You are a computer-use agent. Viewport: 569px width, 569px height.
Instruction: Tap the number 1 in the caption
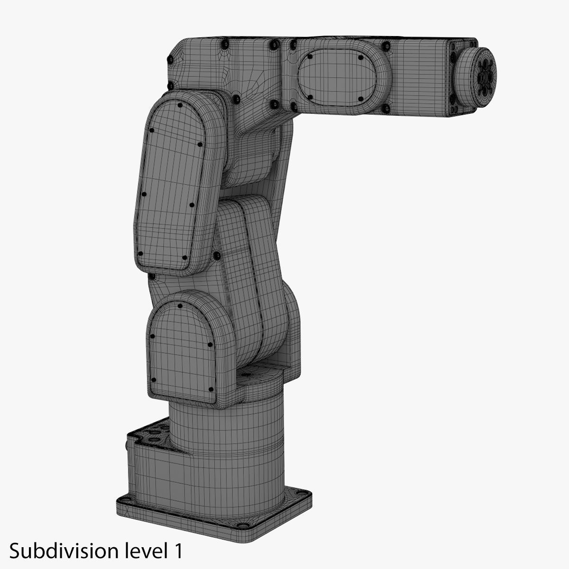coord(177,551)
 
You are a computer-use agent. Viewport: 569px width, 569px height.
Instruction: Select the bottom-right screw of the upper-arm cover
coord(184,258)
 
